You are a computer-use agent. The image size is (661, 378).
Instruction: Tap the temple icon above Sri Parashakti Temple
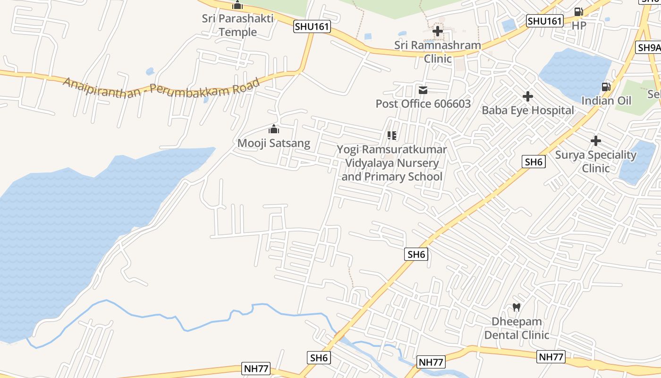237,6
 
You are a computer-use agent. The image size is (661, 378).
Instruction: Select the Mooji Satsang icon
274,129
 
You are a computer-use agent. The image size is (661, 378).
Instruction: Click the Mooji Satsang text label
274,143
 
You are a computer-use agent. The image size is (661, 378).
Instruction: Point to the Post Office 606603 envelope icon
423,90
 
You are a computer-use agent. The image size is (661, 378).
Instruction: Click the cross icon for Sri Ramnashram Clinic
438,32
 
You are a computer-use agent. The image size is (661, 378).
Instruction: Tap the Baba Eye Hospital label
528,111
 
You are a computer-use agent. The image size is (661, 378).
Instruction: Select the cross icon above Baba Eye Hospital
528,97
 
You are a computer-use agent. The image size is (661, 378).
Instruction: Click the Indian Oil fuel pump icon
606,87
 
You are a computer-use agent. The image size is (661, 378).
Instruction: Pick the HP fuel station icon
578,12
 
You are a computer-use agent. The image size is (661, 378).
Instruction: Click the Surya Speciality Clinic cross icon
596,141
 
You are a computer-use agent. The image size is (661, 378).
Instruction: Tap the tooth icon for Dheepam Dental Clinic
517,307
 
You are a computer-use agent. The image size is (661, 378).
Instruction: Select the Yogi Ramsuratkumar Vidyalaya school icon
391,136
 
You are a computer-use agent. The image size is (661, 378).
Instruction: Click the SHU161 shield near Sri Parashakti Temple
312,26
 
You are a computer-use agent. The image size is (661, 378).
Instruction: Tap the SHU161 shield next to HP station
545,21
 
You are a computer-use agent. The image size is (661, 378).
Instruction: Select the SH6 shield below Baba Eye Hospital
534,162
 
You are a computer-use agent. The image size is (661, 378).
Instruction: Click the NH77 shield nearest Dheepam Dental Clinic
551,357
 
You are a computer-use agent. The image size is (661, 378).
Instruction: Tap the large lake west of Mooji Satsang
66,227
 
